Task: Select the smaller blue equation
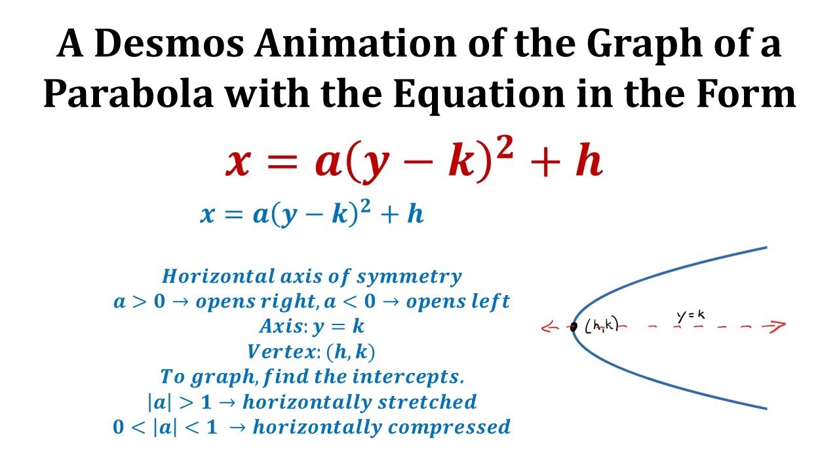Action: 312,214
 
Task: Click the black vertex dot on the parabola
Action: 573,326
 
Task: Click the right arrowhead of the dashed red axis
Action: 778,326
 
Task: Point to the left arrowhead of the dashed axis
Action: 547,328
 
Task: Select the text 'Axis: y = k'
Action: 312,326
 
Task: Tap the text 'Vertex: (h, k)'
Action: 312,352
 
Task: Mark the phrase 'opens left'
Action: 458,302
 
